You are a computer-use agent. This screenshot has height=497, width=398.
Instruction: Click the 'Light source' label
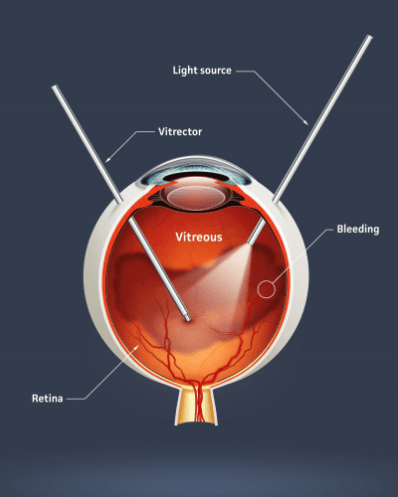click(202, 71)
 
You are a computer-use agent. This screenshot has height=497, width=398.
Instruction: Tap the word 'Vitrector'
click(180, 131)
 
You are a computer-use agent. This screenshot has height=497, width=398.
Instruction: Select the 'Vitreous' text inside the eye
click(199, 237)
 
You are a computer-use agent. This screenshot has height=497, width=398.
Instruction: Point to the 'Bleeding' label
click(358, 229)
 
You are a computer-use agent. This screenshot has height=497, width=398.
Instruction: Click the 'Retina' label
click(48, 398)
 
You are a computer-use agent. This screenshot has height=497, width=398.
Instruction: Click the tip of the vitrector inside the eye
click(188, 319)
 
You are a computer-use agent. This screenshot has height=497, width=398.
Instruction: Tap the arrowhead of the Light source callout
click(307, 123)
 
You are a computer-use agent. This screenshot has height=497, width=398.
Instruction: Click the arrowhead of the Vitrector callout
click(106, 161)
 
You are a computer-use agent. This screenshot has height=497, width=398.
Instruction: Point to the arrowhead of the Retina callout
click(137, 347)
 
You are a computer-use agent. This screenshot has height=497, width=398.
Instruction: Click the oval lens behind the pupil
click(196, 198)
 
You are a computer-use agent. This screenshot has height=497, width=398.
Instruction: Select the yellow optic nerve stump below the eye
click(196, 406)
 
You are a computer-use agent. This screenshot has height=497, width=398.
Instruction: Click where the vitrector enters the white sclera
click(119, 200)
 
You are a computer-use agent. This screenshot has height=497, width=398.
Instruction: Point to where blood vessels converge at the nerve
click(196, 385)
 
